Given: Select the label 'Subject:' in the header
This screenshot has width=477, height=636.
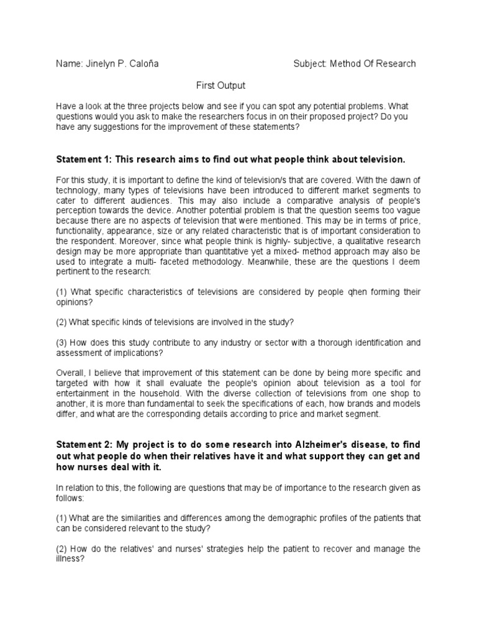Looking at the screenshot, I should [x=309, y=63].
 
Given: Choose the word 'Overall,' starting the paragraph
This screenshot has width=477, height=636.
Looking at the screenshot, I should [x=71, y=373].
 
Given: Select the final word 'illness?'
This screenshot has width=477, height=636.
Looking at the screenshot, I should [x=70, y=558].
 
